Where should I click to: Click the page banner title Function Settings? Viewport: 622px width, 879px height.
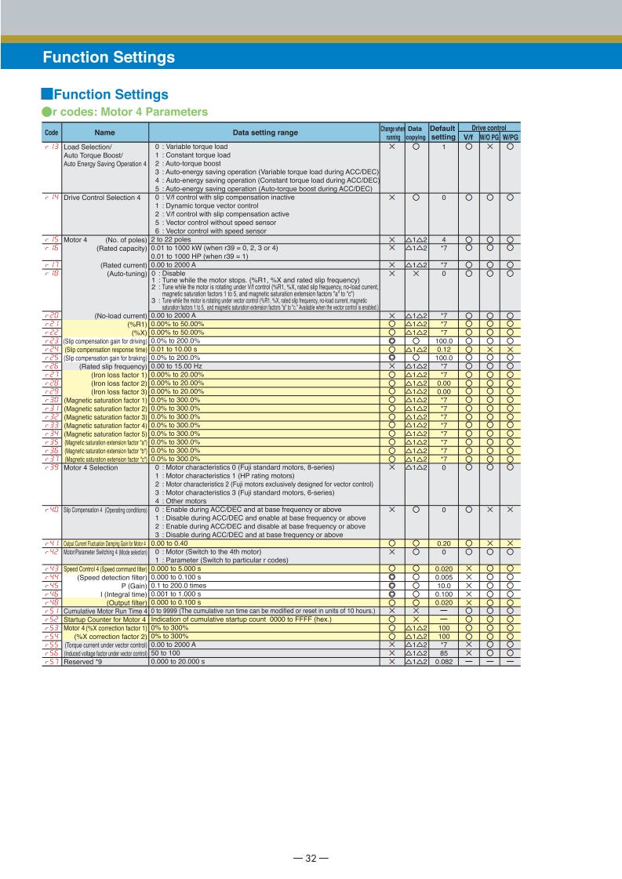point(108,57)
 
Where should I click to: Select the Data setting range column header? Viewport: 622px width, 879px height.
point(264,133)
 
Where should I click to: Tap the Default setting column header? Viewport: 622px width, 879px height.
point(443,132)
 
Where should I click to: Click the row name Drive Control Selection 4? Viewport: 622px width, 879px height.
point(101,197)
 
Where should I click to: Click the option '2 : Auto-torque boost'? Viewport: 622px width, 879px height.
point(197,164)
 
